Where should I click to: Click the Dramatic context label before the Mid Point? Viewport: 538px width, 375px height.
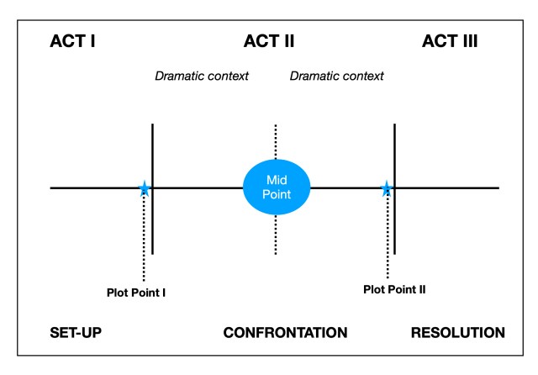pyautogui.click(x=202, y=76)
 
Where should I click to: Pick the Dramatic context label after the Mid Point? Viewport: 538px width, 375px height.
pyautogui.click(x=336, y=76)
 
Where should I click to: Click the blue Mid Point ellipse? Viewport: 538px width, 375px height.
pyautogui.click(x=277, y=187)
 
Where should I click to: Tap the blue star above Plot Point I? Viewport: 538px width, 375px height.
pyautogui.click(x=145, y=188)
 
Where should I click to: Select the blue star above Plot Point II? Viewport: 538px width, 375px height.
pyautogui.click(x=387, y=188)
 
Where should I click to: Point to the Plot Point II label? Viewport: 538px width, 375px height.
pyautogui.click(x=394, y=288)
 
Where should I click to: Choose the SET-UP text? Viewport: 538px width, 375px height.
pyautogui.click(x=76, y=333)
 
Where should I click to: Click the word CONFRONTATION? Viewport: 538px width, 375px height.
pyautogui.click(x=285, y=333)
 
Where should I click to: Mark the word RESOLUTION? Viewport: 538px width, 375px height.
pyautogui.click(x=457, y=333)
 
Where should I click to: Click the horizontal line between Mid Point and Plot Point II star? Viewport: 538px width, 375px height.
pyautogui.click(x=345, y=187)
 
